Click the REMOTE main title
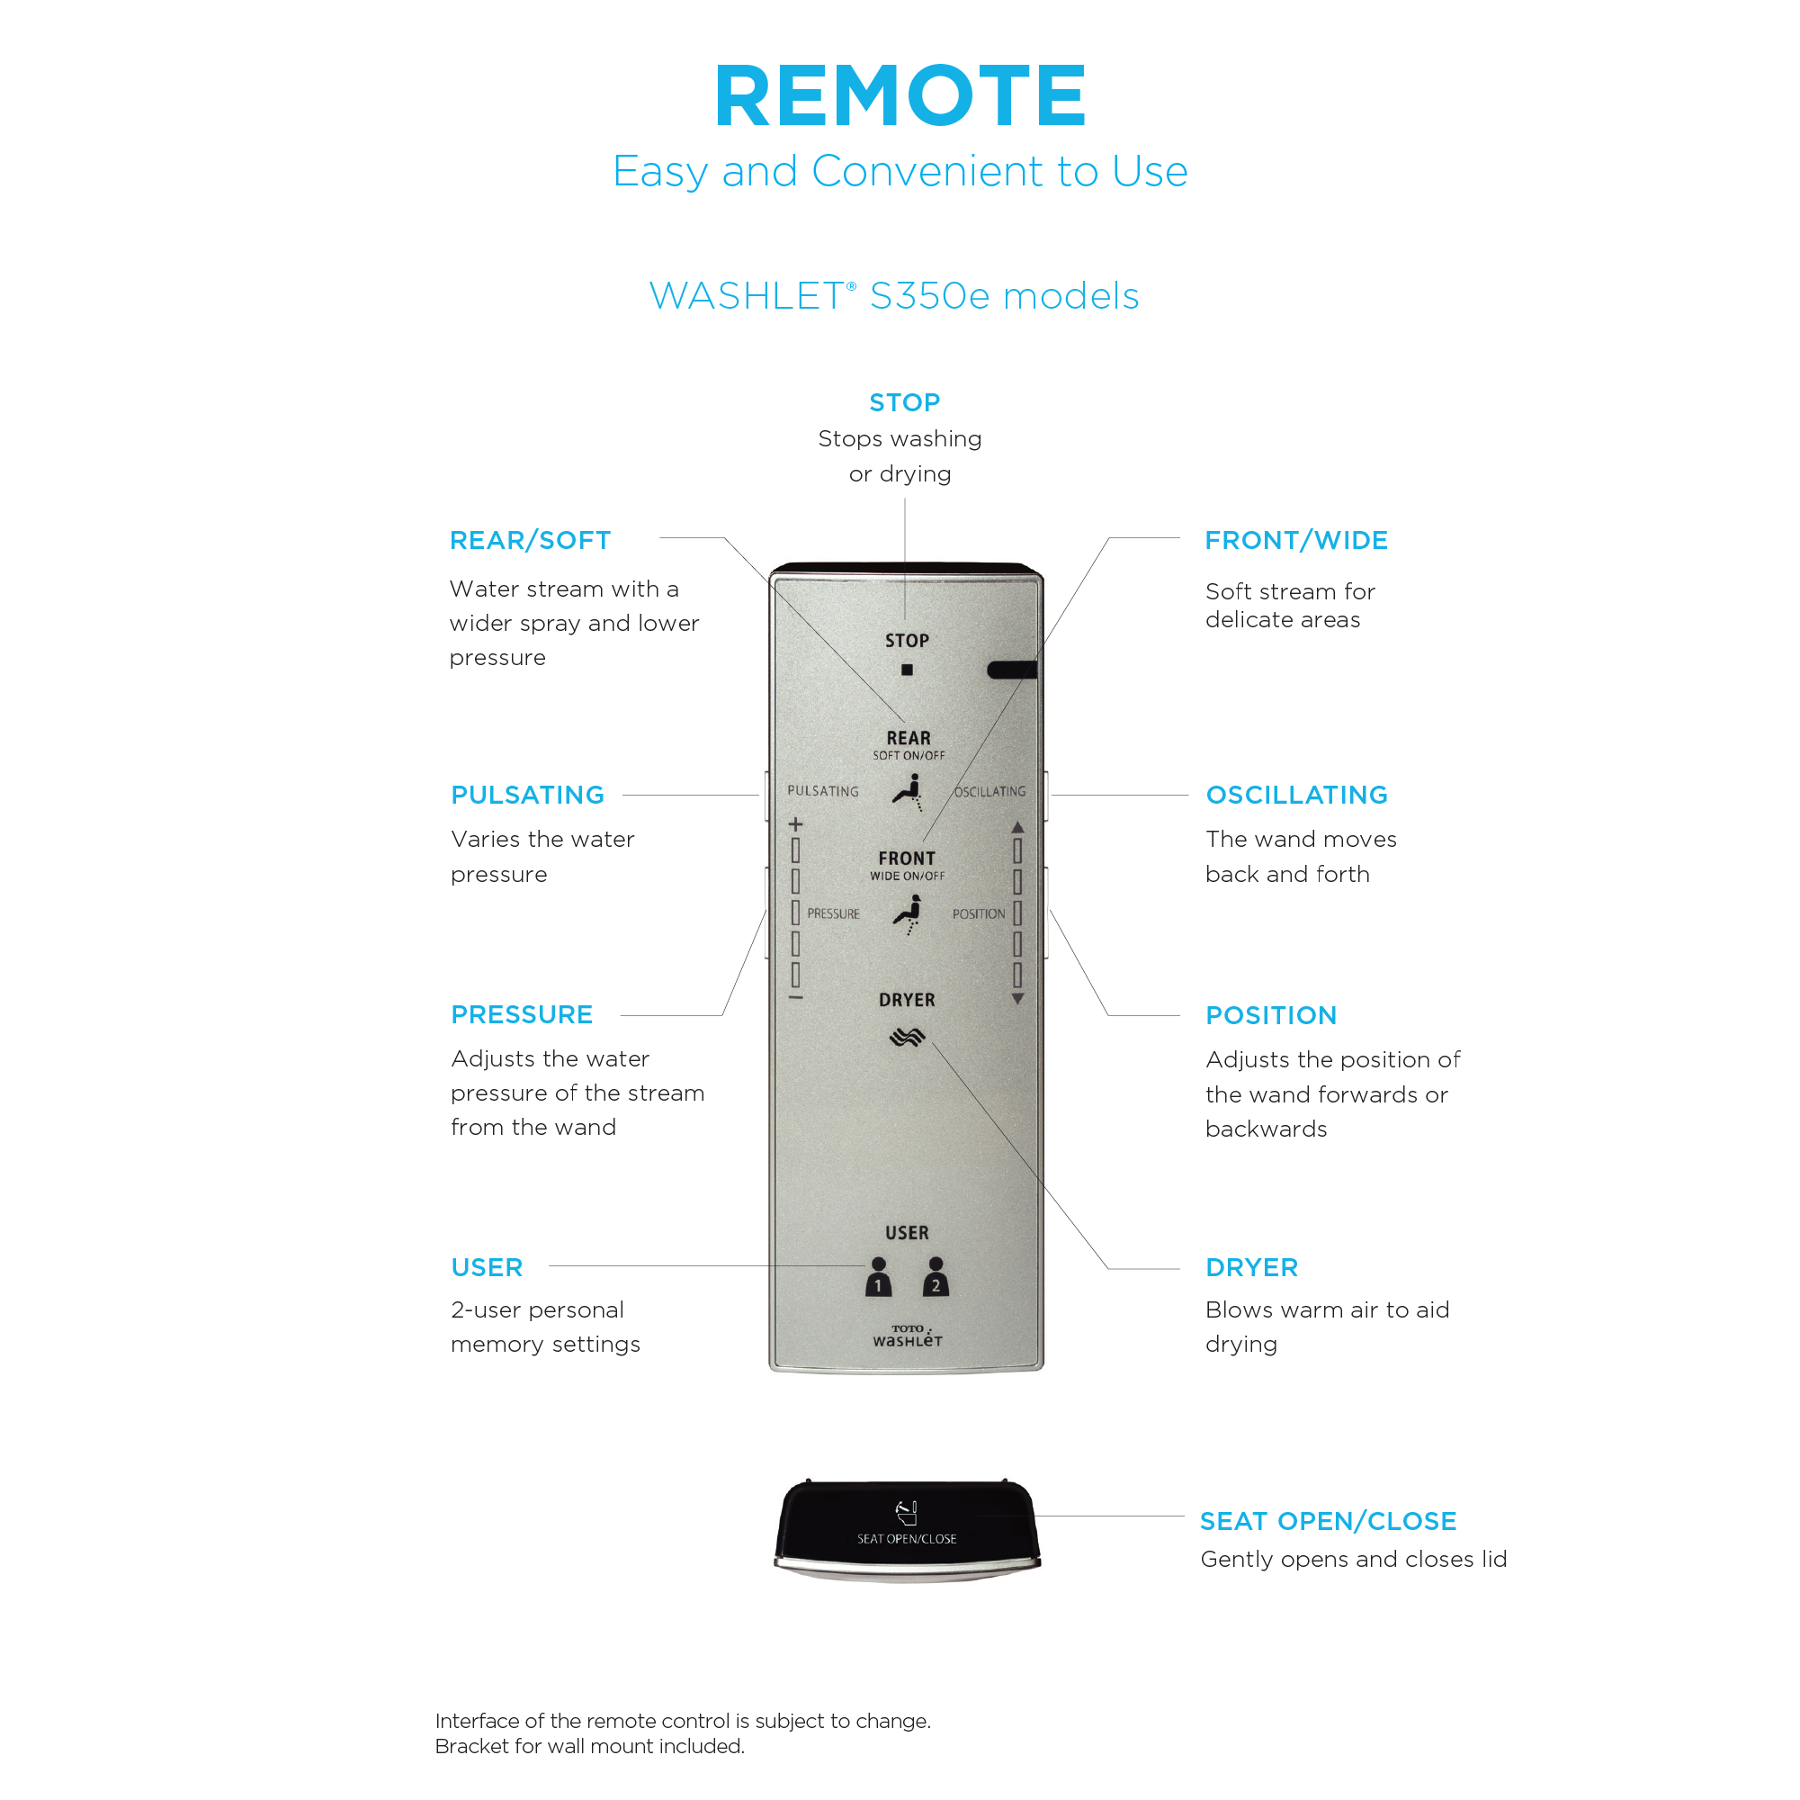(900, 95)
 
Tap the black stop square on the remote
(907, 670)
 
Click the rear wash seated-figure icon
(909, 792)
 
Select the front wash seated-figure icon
(909, 913)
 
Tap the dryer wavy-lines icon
(907, 1037)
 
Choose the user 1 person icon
(878, 1276)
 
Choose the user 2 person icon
(936, 1276)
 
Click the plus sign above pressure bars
(795, 824)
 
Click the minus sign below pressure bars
(795, 997)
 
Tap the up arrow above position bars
(1017, 827)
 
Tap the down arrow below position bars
(1017, 998)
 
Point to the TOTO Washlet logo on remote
(908, 1336)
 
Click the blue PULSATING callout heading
(527, 795)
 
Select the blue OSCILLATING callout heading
(1297, 795)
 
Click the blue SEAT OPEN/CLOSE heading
(1328, 1521)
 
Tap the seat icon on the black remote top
(907, 1512)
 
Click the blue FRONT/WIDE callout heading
(1296, 541)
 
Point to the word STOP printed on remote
(907, 641)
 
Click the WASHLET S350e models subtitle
(893, 296)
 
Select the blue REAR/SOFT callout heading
(530, 541)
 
